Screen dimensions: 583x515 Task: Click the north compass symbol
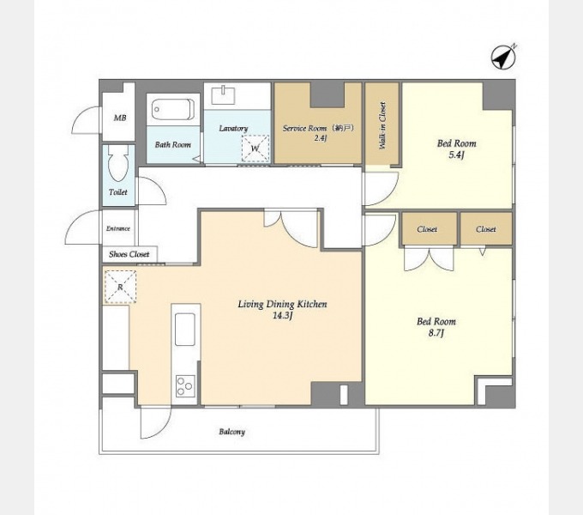[503, 58]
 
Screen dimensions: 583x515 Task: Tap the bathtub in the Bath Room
[173, 109]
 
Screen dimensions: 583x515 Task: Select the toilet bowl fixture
[118, 163]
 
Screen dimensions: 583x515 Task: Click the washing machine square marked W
[255, 148]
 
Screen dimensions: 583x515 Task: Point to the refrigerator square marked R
[120, 287]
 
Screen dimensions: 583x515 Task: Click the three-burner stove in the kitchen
[185, 386]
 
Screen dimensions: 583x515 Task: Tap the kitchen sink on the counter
[185, 330]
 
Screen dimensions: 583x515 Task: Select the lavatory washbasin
[223, 95]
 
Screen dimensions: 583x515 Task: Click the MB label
[120, 118]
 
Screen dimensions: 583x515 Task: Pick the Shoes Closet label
[129, 255]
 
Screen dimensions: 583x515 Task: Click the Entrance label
[118, 228]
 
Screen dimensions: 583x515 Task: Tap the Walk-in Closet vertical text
[382, 125]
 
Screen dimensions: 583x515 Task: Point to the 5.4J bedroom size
[457, 154]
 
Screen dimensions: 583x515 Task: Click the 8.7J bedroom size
[436, 333]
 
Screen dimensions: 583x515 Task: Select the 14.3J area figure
[283, 316]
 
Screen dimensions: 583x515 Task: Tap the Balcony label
[232, 432]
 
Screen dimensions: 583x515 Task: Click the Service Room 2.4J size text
[320, 138]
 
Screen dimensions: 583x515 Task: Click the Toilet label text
[118, 192]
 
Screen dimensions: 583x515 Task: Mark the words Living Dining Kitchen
[283, 304]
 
